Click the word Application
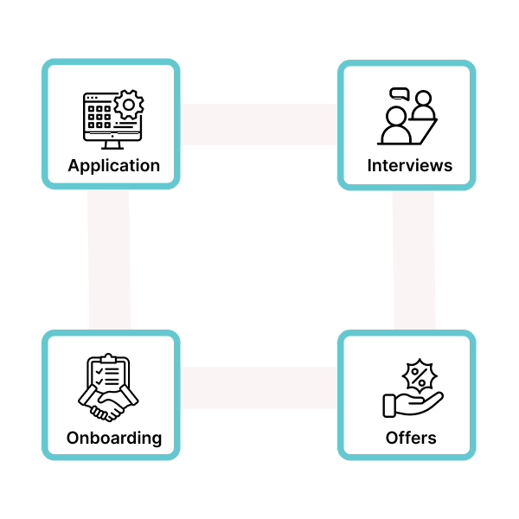tap(113, 165)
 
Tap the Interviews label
tap(409, 165)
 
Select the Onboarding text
tap(113, 437)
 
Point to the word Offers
tap(411, 437)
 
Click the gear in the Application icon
tap(130, 105)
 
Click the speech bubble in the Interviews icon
tap(399, 94)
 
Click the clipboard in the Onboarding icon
tap(110, 375)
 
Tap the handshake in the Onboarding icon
tap(110, 402)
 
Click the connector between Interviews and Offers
tap(413, 259)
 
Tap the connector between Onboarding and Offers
tap(259, 388)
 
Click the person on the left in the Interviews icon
tap(396, 126)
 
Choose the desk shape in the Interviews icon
tap(427, 131)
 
